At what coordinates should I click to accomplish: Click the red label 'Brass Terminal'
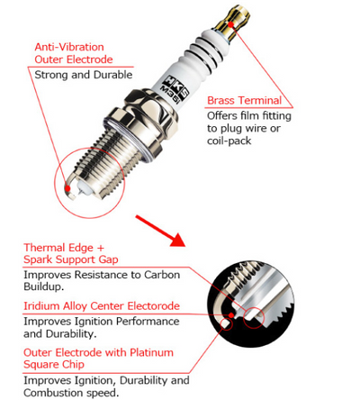coord(244,100)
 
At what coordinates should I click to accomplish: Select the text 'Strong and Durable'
coord(84,75)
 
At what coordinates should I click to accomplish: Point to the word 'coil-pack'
coord(231,142)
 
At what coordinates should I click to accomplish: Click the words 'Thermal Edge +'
coord(64,246)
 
